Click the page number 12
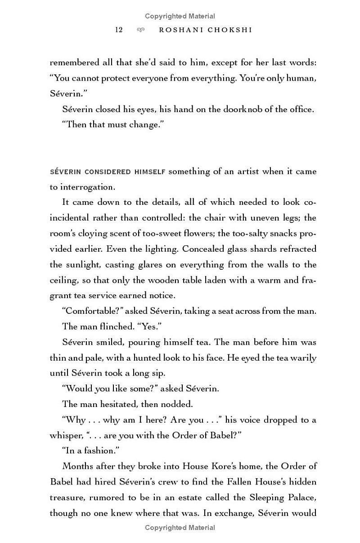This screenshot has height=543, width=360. (119, 30)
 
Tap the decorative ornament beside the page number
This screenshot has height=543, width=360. (141, 30)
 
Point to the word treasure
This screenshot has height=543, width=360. (66, 498)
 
